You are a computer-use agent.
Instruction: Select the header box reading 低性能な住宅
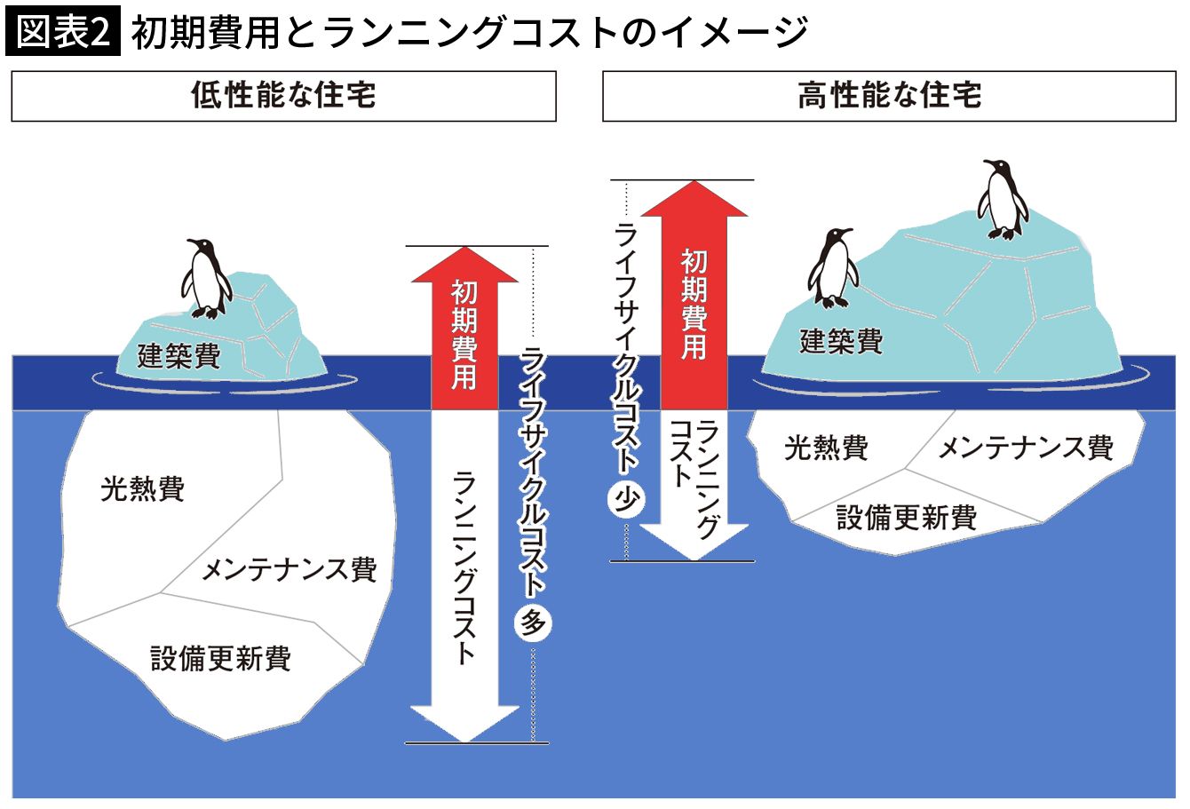(x=283, y=96)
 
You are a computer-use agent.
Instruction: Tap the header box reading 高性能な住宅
(x=889, y=96)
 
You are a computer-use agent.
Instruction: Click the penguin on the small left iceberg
(x=205, y=279)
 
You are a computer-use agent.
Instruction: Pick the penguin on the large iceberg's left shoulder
(x=833, y=268)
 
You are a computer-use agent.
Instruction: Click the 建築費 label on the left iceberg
(x=179, y=356)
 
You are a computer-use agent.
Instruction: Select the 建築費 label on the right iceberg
(x=841, y=341)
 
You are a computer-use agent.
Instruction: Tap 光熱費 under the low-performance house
(x=142, y=488)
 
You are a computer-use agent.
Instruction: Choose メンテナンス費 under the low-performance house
(x=289, y=569)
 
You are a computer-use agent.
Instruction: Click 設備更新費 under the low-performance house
(x=220, y=658)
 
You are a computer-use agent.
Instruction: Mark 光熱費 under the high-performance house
(x=825, y=447)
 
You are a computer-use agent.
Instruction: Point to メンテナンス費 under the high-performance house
(x=1025, y=447)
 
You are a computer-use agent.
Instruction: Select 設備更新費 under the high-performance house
(x=906, y=517)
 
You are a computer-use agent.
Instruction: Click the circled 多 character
(x=533, y=623)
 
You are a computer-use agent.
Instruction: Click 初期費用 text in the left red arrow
(x=464, y=335)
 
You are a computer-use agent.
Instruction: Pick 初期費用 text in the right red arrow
(x=694, y=305)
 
